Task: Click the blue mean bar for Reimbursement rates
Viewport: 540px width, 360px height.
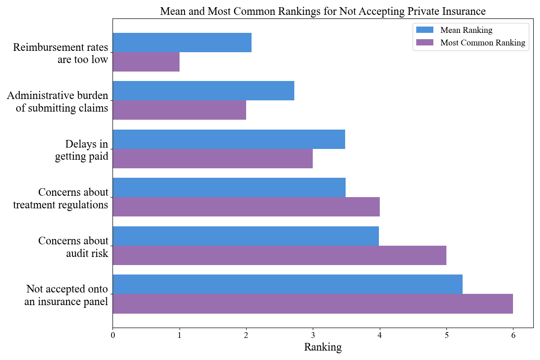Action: click(182, 43)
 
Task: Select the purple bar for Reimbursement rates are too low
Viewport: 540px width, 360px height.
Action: click(146, 62)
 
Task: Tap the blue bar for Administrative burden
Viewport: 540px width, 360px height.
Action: click(203, 91)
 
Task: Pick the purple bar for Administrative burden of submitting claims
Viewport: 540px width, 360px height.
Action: click(179, 110)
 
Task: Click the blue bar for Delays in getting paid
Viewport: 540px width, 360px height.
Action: click(229, 139)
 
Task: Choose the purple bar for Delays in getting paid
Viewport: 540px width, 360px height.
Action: click(212, 159)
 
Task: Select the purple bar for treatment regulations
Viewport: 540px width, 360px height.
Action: click(246, 207)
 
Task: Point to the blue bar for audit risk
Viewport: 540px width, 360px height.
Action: click(246, 236)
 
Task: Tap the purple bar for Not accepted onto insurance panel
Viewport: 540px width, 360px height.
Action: click(312, 304)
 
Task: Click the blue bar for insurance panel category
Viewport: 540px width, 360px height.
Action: click(287, 284)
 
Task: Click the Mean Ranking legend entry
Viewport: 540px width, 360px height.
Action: click(466, 30)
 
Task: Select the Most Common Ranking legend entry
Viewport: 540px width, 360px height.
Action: click(482, 43)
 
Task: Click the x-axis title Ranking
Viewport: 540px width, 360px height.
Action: click(323, 347)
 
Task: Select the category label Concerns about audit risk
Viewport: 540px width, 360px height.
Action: click(73, 247)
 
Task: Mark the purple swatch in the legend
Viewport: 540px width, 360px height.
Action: click(424, 43)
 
